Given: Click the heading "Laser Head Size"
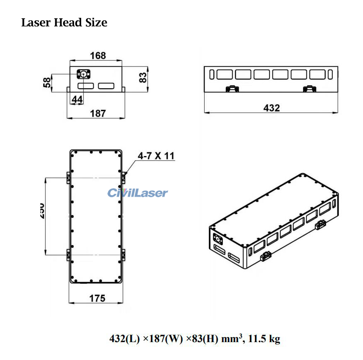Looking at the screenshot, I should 64,22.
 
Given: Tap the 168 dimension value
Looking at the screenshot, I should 98,55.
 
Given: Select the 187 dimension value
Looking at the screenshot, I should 98,113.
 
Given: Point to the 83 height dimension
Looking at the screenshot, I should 143,77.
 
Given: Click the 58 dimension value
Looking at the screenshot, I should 47,82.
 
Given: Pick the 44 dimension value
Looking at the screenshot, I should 77,99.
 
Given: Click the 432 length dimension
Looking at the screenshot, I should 272,108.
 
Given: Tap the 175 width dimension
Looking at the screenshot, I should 97,298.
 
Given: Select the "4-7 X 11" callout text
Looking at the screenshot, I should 156,156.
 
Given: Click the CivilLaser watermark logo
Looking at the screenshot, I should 138,193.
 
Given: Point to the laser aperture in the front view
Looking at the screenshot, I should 83,74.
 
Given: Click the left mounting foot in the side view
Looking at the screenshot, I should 232,89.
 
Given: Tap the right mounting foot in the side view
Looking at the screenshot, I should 309,89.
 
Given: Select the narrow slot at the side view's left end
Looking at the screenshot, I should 212,74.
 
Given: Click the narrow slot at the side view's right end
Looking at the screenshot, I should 330,74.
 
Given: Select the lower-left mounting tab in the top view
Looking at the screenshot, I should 68,253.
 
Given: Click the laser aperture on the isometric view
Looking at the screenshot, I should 216,238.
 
